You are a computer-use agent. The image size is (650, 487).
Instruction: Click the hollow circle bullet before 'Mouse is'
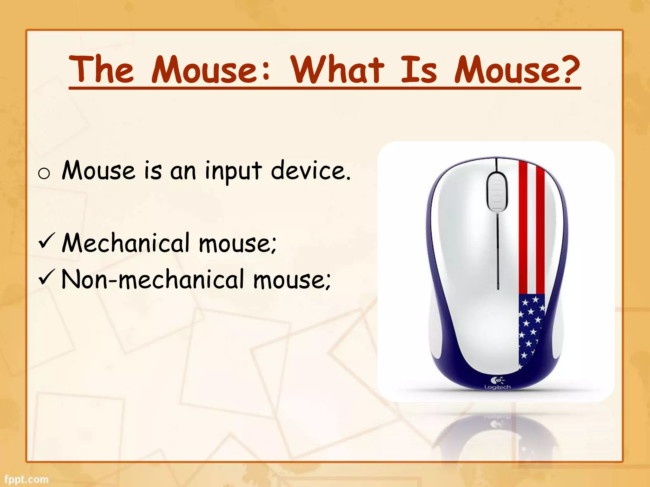click(x=44, y=174)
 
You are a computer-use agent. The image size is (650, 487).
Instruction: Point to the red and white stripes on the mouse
click(x=532, y=228)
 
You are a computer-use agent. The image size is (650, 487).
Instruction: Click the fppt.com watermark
click(x=27, y=479)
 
